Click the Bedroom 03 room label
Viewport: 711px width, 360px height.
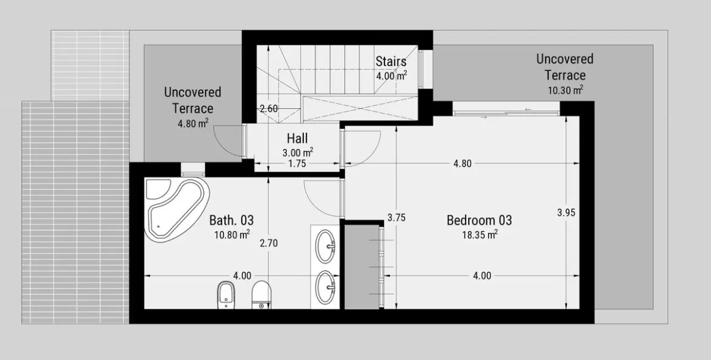[479, 220]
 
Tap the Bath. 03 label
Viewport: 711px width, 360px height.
[231, 220]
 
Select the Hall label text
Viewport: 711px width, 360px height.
[297, 138]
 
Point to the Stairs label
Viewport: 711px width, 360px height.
[391, 61]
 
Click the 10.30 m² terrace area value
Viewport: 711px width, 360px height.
[565, 90]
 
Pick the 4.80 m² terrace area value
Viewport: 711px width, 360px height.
[193, 123]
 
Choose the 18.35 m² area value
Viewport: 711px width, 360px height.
[480, 234]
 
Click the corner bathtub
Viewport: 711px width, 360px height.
[178, 207]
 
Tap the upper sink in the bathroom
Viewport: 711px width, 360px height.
[325, 246]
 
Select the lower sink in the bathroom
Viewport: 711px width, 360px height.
[325, 287]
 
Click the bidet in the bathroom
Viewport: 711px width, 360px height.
[225, 295]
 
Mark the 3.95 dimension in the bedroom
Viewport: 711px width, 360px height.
[566, 212]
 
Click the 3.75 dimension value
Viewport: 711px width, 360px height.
[396, 217]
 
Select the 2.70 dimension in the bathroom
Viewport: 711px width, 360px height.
[269, 243]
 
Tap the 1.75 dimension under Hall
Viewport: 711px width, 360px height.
[297, 164]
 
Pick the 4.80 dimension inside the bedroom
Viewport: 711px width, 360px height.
[462, 164]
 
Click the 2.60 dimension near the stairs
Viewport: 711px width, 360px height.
[269, 109]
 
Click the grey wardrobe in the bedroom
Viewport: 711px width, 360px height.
[362, 267]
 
